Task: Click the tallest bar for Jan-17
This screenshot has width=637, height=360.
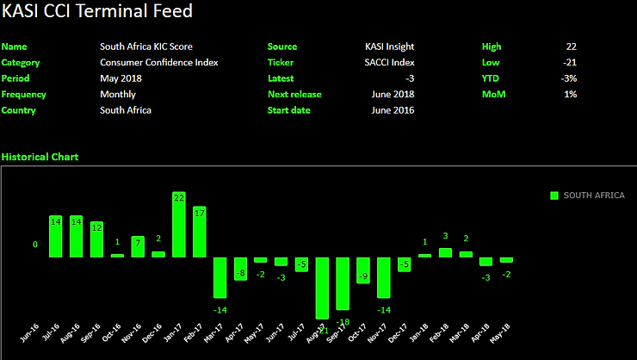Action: point(179,224)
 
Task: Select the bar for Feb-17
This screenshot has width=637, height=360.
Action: point(200,231)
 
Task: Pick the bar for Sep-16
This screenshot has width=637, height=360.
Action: point(96,239)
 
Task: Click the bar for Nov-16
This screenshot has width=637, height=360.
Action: point(138,246)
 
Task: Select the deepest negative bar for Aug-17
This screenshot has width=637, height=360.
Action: point(323,288)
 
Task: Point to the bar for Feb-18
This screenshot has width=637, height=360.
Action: point(445,252)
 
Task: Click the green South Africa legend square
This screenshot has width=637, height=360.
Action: point(554,196)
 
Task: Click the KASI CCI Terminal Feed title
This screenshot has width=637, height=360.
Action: point(96,12)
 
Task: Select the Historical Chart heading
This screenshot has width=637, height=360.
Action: point(40,157)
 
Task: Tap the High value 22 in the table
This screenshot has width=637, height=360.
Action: point(572,47)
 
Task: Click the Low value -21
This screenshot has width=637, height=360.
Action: point(570,62)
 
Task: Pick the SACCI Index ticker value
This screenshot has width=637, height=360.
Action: point(389,62)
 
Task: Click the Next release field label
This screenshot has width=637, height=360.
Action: point(294,94)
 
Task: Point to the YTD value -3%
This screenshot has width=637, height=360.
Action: point(568,78)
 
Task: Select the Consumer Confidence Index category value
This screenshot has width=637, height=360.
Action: point(158,62)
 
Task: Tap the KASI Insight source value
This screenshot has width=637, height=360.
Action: point(389,47)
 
